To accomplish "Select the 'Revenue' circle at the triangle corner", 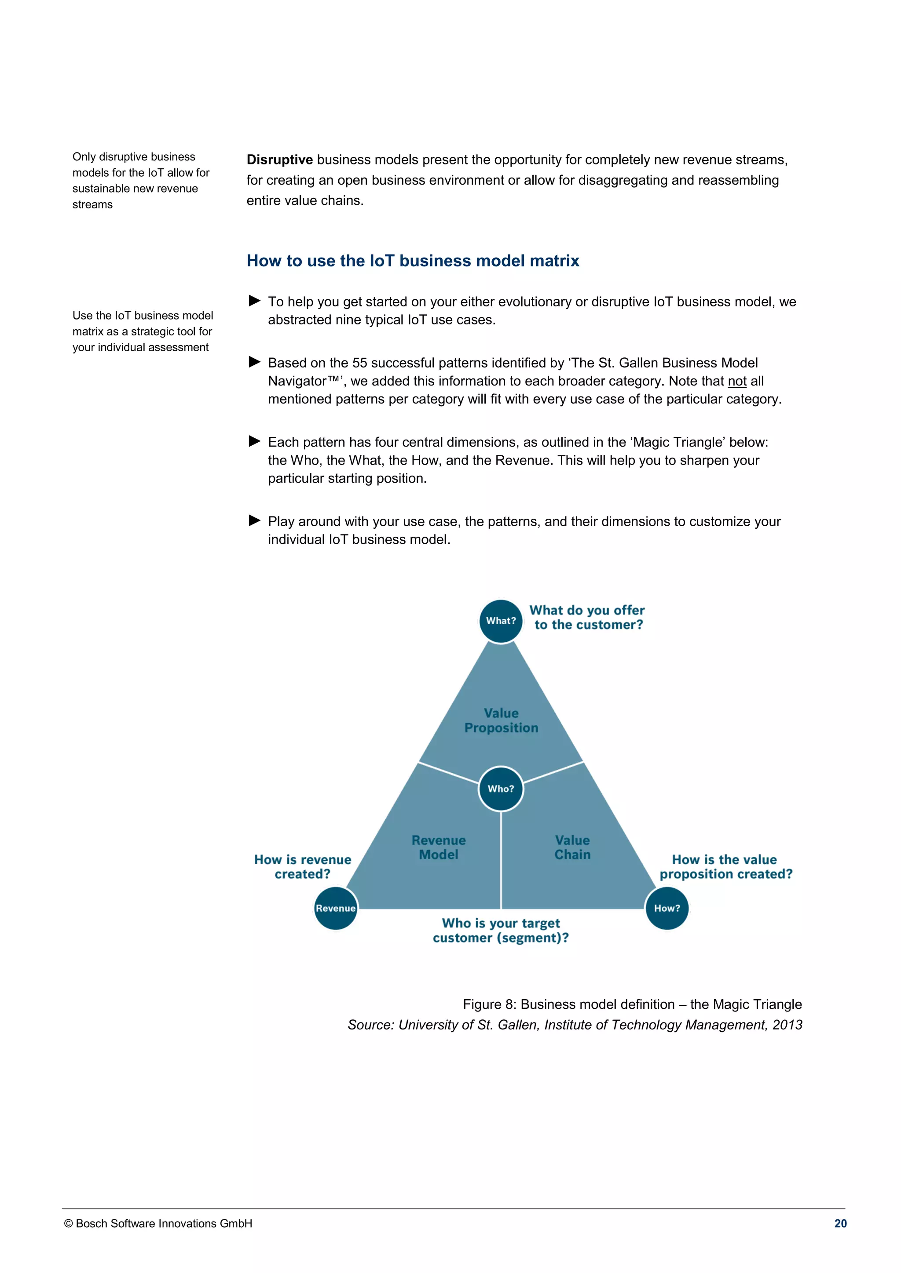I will (x=336, y=908).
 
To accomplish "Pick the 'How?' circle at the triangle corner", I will (x=667, y=908).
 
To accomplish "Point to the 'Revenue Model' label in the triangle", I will (x=438, y=847).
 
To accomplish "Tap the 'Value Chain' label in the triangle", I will (x=572, y=847).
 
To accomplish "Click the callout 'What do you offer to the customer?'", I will (x=587, y=617).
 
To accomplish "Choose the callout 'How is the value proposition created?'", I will (x=725, y=866).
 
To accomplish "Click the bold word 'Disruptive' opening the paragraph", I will (x=280, y=160).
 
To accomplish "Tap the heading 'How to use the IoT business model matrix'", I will (x=413, y=261).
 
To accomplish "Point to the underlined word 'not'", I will (x=737, y=381).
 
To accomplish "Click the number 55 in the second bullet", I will (x=359, y=363).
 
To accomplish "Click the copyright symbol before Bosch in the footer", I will (x=68, y=1224).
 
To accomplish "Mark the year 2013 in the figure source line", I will (x=787, y=1025).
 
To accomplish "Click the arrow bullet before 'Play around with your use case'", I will (x=255, y=520).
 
